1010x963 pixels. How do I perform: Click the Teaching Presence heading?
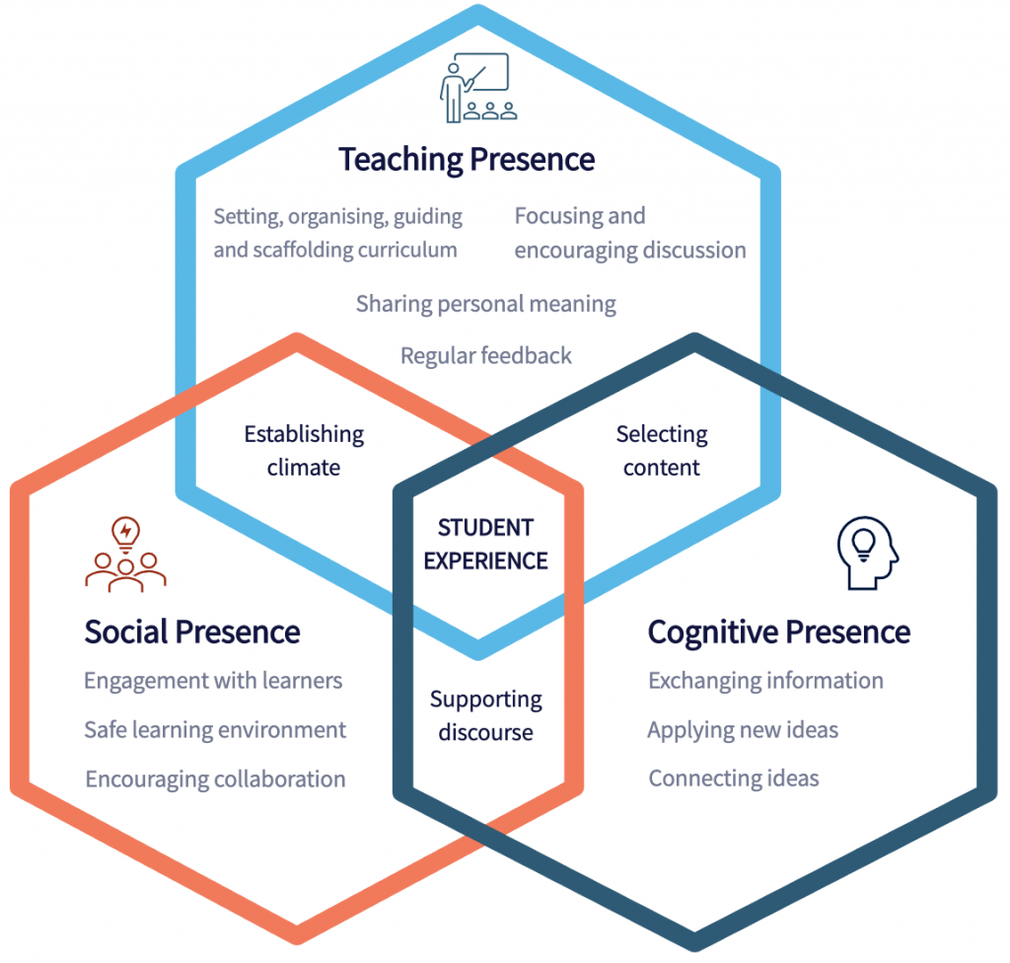point(467,160)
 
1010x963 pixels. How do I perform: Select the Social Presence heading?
point(192,631)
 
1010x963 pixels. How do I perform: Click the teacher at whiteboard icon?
point(478,88)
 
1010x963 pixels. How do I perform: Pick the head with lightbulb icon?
point(868,554)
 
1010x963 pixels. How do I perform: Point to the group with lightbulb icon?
point(125,555)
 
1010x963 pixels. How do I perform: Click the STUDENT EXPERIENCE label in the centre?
point(485,544)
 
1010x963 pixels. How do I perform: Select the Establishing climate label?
point(304,451)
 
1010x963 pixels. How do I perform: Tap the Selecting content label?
point(662,451)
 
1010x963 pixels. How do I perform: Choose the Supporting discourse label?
point(485,715)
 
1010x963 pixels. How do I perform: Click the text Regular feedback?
point(485,356)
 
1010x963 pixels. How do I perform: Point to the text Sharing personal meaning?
point(485,304)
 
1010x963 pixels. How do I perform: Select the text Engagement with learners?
point(213,682)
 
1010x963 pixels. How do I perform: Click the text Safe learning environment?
point(215,730)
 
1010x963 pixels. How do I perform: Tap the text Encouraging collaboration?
point(215,779)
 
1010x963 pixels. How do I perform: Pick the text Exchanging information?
point(765,682)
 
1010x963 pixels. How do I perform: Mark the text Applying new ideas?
point(743,730)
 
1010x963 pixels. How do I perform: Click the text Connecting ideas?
point(734,778)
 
